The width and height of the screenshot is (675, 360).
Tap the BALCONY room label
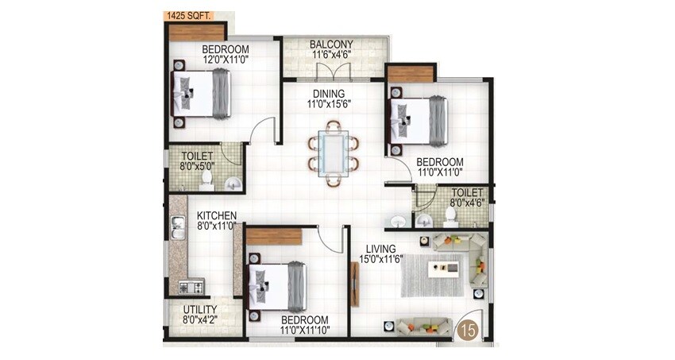[x=331, y=45]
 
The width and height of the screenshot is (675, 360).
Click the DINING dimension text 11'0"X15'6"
[x=330, y=103]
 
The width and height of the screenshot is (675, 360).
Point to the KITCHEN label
[x=216, y=215]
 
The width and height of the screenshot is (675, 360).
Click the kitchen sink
[x=178, y=227]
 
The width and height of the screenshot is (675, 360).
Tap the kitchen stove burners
[x=191, y=287]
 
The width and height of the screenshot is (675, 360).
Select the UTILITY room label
[x=200, y=310]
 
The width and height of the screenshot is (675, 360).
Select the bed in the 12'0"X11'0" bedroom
[x=202, y=93]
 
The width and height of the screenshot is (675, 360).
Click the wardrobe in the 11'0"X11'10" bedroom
[x=274, y=237]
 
